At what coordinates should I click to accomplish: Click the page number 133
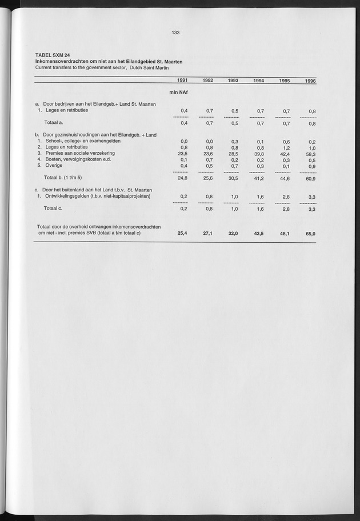pyautogui.click(x=175, y=33)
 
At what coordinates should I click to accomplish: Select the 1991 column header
pyautogui.click(x=182, y=81)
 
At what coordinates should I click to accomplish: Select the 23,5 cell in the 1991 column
pyautogui.click(x=183, y=153)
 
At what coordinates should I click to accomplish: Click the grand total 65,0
pyautogui.click(x=310, y=234)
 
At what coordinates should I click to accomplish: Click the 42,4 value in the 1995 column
pyautogui.click(x=284, y=154)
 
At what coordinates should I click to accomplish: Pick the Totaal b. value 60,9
pyautogui.click(x=310, y=179)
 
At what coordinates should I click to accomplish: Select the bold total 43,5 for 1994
pyautogui.click(x=258, y=234)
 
